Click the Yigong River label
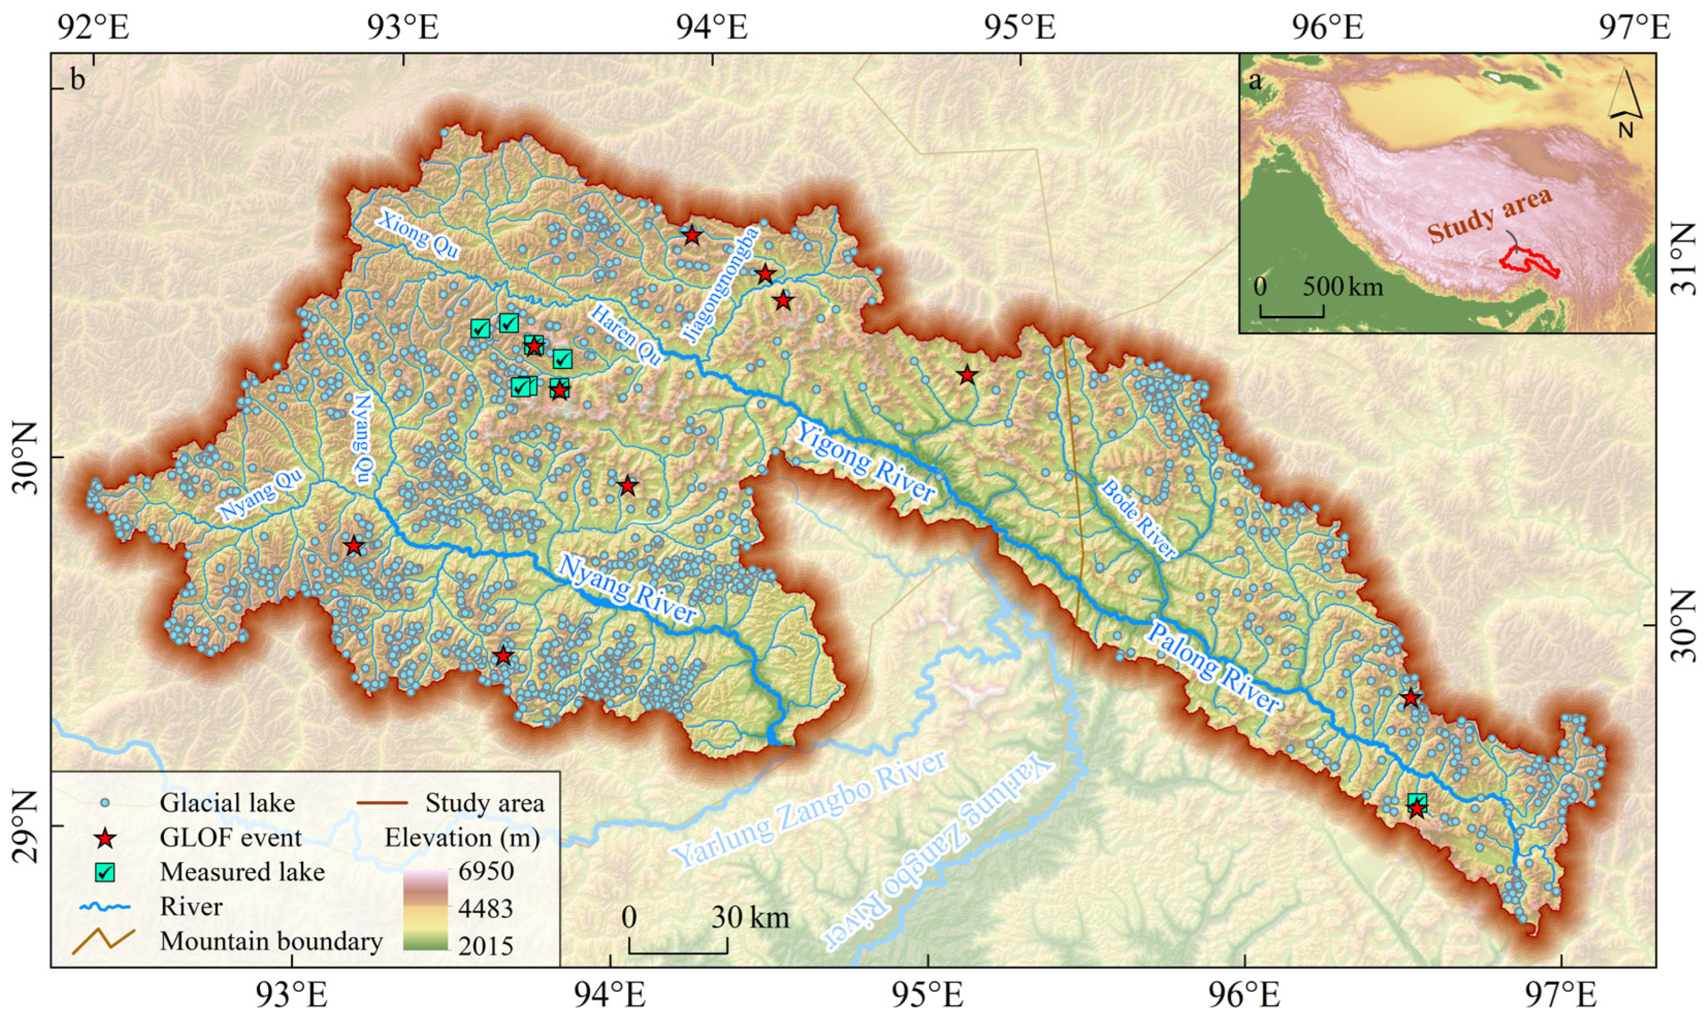pyautogui.click(x=865, y=461)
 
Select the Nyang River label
pyautogui.click(x=627, y=588)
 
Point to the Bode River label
pyautogui.click(x=1138, y=518)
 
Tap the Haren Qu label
pyautogui.click(x=626, y=336)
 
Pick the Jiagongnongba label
pyautogui.click(x=721, y=284)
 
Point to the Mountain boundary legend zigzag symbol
pyautogui.click(x=104, y=941)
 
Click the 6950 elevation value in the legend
pyautogui.click(x=486, y=871)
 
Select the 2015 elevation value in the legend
pyautogui.click(x=486, y=946)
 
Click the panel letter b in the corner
pyautogui.click(x=78, y=80)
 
